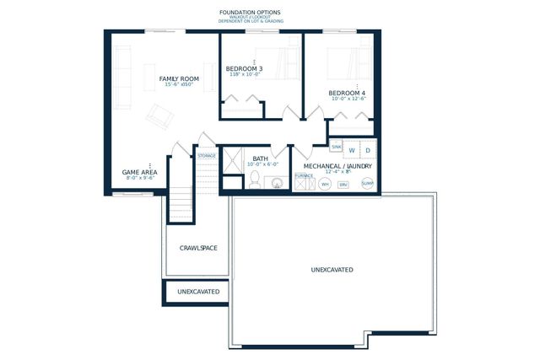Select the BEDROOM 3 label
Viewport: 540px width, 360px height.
(x=244, y=67)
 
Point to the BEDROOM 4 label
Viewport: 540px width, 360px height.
(x=347, y=92)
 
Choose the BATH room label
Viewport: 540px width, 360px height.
(x=260, y=158)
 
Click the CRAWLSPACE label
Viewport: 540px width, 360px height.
(x=199, y=249)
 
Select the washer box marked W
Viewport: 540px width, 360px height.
(x=352, y=150)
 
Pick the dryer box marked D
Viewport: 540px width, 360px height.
(x=369, y=150)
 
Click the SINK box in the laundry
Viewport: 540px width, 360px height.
(x=336, y=147)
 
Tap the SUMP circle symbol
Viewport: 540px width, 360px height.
(x=367, y=183)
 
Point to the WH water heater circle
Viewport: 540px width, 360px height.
(x=325, y=184)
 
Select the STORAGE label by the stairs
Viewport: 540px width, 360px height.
(x=207, y=156)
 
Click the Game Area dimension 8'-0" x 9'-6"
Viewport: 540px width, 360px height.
(x=140, y=179)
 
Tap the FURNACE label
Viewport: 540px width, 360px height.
(x=304, y=175)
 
